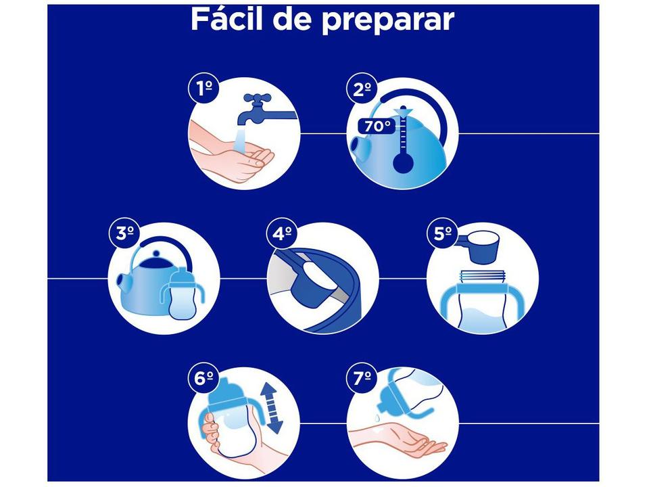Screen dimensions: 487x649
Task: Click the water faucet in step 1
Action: point(260,108)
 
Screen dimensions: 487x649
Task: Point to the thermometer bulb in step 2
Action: point(404,163)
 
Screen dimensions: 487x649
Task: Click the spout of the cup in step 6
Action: point(225,389)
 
